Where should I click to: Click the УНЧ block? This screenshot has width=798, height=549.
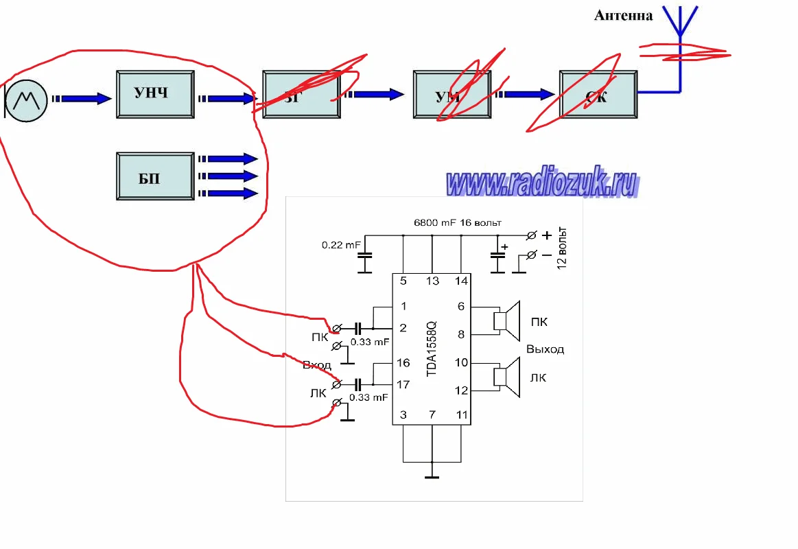(x=152, y=94)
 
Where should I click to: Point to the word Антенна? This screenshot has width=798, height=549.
(x=623, y=15)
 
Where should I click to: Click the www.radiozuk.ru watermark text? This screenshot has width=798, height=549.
(x=542, y=183)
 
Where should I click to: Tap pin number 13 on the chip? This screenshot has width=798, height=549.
(x=432, y=281)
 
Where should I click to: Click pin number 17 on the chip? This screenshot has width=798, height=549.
(x=403, y=384)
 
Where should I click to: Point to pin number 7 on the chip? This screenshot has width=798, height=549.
(x=432, y=414)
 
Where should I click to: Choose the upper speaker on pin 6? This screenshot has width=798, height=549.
(x=508, y=321)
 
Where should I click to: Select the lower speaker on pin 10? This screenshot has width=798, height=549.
(x=508, y=377)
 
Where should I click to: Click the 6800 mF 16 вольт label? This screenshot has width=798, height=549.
(x=457, y=223)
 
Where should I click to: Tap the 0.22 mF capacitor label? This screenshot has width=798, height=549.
(x=341, y=244)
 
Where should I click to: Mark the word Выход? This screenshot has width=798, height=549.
(x=545, y=349)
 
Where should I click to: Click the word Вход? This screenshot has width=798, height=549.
(x=317, y=365)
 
